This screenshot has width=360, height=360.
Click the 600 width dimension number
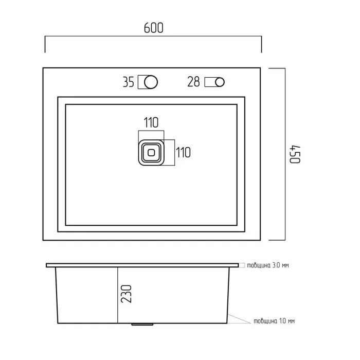tap(154, 28)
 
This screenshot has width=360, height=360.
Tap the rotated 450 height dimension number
tap(295, 154)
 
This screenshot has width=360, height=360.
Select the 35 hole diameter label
tap(129, 82)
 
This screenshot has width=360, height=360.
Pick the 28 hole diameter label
tap(193, 82)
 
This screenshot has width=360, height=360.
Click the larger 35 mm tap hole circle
tap(151, 82)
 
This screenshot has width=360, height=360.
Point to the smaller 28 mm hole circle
tap(220, 82)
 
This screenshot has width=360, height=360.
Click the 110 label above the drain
tap(151, 122)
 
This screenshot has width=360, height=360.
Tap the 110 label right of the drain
tap(183, 152)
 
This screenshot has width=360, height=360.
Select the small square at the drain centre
tap(151, 153)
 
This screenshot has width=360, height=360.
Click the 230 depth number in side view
tap(127, 294)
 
